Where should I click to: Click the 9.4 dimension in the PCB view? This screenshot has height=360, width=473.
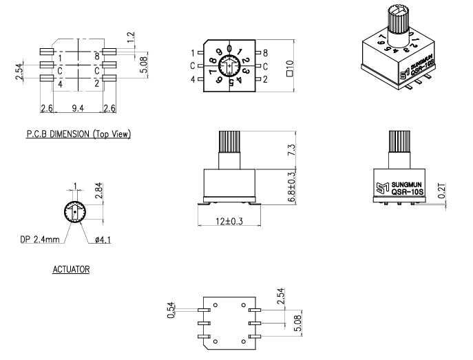click(x=77, y=109)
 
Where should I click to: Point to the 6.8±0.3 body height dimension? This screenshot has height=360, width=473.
click(x=291, y=187)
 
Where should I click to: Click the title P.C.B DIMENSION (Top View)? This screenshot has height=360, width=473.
click(x=85, y=134)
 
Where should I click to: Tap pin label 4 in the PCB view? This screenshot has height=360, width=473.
click(x=61, y=84)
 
